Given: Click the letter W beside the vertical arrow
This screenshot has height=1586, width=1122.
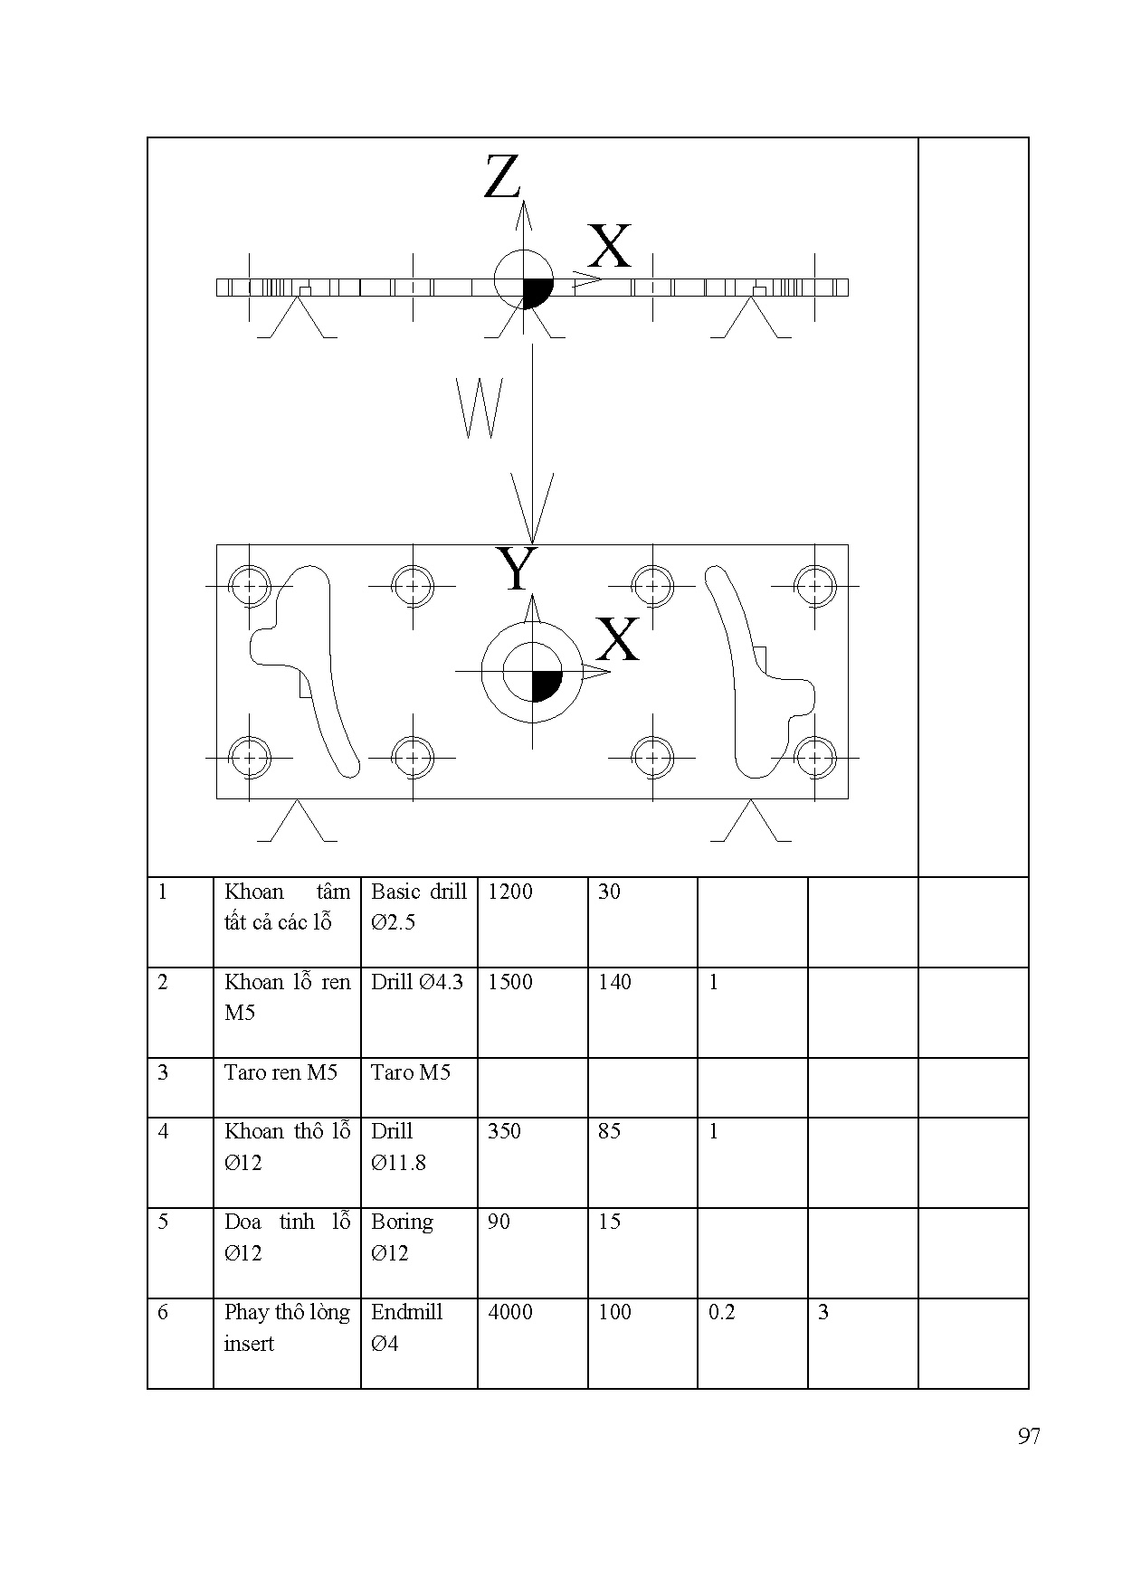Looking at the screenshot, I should pyautogui.click(x=480, y=408).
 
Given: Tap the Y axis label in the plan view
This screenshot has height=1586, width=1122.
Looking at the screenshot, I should pyautogui.click(x=517, y=570).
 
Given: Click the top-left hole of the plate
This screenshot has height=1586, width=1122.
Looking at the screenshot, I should pyautogui.click(x=250, y=585).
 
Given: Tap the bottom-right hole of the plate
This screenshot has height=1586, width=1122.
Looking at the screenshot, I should pyautogui.click(x=814, y=756).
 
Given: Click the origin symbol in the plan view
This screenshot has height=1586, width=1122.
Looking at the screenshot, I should pyautogui.click(x=532, y=672).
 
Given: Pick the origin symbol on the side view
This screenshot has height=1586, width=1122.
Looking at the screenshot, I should pyautogui.click(x=524, y=279).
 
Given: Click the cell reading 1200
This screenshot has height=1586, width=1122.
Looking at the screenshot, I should pyautogui.click(x=510, y=892).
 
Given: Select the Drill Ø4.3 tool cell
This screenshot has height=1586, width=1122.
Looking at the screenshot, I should pyautogui.click(x=417, y=982).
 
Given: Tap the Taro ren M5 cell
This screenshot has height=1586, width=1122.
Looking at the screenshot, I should pyautogui.click(x=280, y=1072).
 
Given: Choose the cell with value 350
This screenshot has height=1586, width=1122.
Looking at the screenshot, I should pyautogui.click(x=504, y=1131).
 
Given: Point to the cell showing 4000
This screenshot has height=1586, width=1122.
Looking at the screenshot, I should pyautogui.click(x=510, y=1312).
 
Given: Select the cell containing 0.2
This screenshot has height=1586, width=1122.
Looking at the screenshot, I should pyautogui.click(x=722, y=1312).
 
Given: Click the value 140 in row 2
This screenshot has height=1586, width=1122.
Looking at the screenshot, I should pyautogui.click(x=614, y=982).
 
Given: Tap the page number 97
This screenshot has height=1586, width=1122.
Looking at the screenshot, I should pyautogui.click(x=1028, y=1437).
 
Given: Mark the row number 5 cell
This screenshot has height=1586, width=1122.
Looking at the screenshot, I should pyautogui.click(x=163, y=1222).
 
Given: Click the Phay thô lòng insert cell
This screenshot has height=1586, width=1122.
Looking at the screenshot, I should pyautogui.click(x=286, y=1327).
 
